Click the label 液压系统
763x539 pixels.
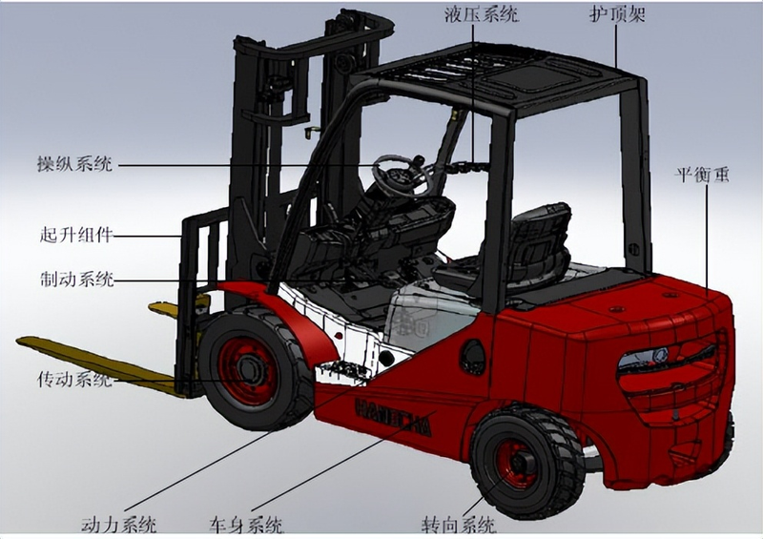481,14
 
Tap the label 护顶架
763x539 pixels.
617,14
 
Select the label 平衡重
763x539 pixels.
701,175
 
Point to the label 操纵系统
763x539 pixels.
75,164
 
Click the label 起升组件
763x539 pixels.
76,236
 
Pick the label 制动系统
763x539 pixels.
77,280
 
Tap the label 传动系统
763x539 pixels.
75,379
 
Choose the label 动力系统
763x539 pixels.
118,525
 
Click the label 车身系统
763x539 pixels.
246,526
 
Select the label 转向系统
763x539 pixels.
459,526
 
